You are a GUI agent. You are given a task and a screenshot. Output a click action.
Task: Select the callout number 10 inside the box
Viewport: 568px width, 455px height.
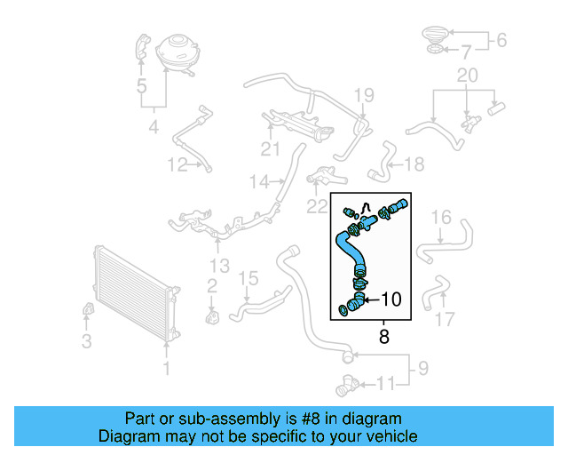click(391, 300)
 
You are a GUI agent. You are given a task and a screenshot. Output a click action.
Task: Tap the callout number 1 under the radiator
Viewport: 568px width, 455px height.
click(166, 367)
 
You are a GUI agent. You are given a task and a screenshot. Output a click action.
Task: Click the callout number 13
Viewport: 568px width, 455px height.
click(219, 266)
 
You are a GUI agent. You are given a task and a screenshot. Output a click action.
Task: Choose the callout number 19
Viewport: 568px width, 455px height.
click(365, 95)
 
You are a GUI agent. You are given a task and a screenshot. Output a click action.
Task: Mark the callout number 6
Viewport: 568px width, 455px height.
click(500, 40)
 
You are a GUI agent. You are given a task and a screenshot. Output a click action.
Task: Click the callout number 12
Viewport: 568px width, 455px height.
click(177, 164)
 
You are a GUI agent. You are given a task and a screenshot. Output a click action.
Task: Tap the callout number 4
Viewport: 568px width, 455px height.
click(154, 128)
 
